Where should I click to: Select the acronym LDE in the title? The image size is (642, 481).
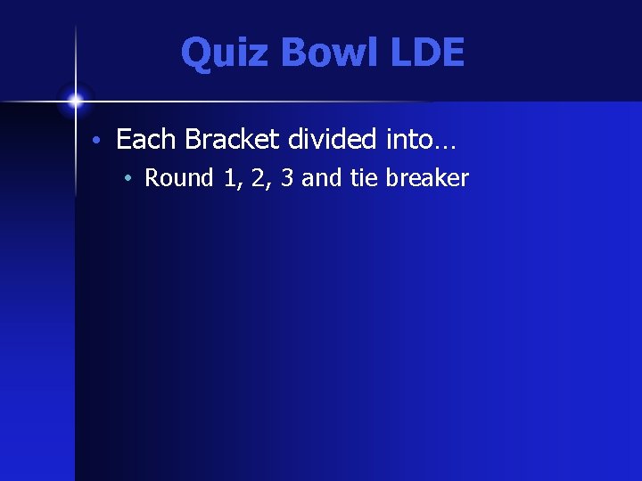pyautogui.click(x=427, y=53)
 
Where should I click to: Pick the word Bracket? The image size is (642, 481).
pyautogui.click(x=232, y=139)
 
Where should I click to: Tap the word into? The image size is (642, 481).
pyautogui.click(x=407, y=139)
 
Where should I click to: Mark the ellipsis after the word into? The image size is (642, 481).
pyautogui.click(x=444, y=144)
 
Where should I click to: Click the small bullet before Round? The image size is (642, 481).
pyautogui.click(x=128, y=179)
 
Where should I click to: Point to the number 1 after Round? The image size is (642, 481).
pyautogui.click(x=232, y=178)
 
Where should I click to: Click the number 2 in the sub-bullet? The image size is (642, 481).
pyautogui.click(x=259, y=178)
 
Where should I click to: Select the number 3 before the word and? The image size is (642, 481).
pyautogui.click(x=287, y=178)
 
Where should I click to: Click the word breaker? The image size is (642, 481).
pyautogui.click(x=426, y=178)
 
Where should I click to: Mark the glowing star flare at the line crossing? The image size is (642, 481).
pyautogui.click(x=75, y=99)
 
